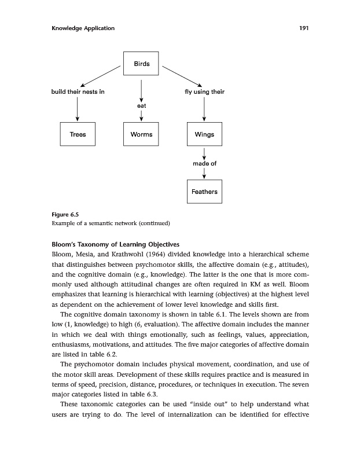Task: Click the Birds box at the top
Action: pyautogui.click(x=141, y=64)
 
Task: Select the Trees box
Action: pyautogui.click(x=78, y=134)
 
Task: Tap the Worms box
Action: pyautogui.click(x=141, y=134)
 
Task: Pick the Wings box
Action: pyautogui.click(x=204, y=134)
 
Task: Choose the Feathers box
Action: pyautogui.click(x=204, y=192)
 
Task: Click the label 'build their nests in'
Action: pyautogui.click(x=78, y=92)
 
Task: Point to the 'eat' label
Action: pyautogui.click(x=141, y=106)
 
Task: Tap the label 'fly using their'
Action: pyautogui.click(x=204, y=92)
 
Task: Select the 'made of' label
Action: pyautogui.click(x=204, y=163)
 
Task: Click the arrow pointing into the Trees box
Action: pyautogui.click(x=78, y=110)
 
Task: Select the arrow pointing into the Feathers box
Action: pyautogui.click(x=204, y=174)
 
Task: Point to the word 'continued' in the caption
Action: pyautogui.click(x=152, y=223)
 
